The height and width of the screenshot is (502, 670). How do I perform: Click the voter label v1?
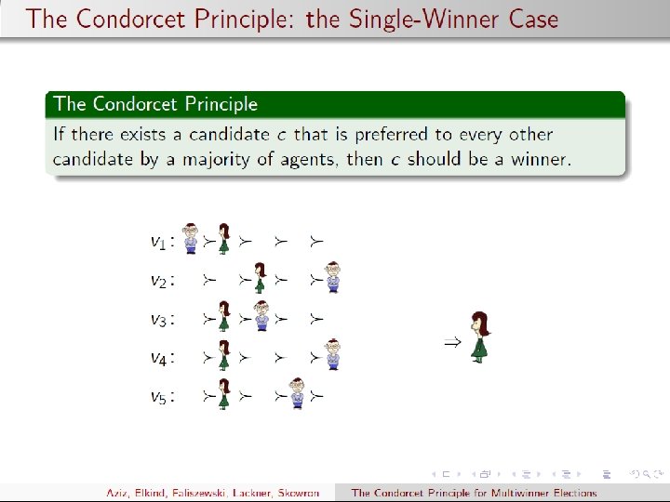point(158,242)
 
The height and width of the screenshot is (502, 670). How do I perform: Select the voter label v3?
point(158,319)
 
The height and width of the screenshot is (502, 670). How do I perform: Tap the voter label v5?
point(158,397)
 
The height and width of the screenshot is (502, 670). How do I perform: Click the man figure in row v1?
point(190,238)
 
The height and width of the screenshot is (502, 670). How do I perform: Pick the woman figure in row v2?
point(260,277)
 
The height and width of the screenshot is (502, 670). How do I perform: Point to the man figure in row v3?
point(261,316)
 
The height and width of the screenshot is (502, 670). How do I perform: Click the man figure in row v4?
point(333,354)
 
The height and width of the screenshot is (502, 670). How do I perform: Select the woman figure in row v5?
point(224,393)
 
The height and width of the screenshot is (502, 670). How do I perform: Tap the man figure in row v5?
point(297,393)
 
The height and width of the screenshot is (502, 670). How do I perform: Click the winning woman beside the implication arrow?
point(480,337)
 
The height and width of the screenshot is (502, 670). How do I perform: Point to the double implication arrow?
point(452,342)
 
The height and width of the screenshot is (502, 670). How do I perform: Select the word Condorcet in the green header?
point(135,104)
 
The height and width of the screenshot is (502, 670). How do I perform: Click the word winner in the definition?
point(541,159)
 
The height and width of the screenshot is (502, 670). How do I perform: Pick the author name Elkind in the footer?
point(150,493)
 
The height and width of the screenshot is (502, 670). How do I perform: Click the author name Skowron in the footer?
point(299,493)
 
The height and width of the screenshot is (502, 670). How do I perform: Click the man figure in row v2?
point(333,277)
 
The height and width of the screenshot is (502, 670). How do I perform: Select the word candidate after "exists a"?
point(229,135)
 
